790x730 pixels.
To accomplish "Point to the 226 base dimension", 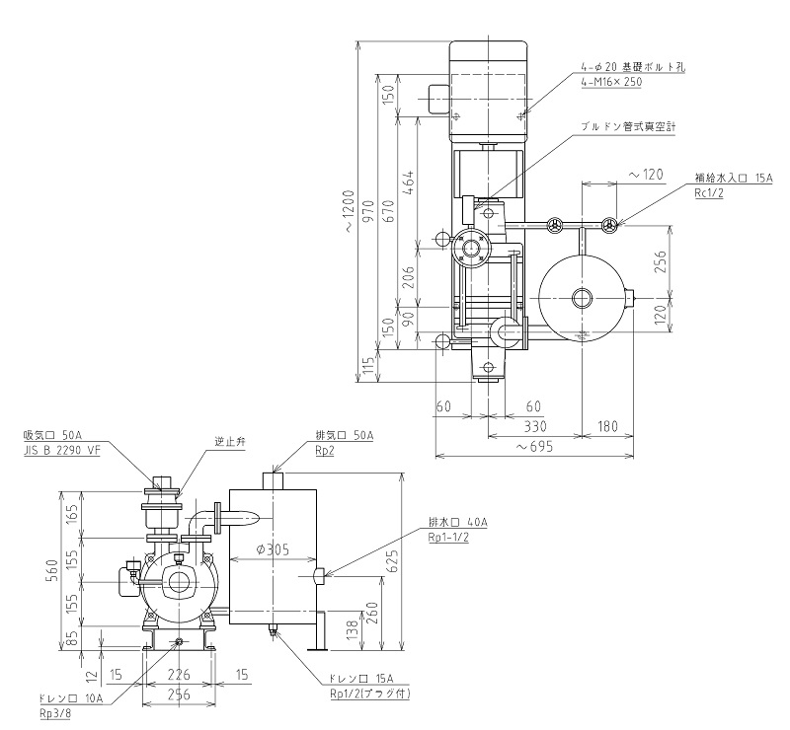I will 180,675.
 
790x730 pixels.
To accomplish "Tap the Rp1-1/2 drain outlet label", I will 456,537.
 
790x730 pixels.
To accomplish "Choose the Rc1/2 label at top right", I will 709,193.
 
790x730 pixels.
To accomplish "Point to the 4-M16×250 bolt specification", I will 611,83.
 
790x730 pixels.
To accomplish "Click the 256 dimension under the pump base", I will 180,694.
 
